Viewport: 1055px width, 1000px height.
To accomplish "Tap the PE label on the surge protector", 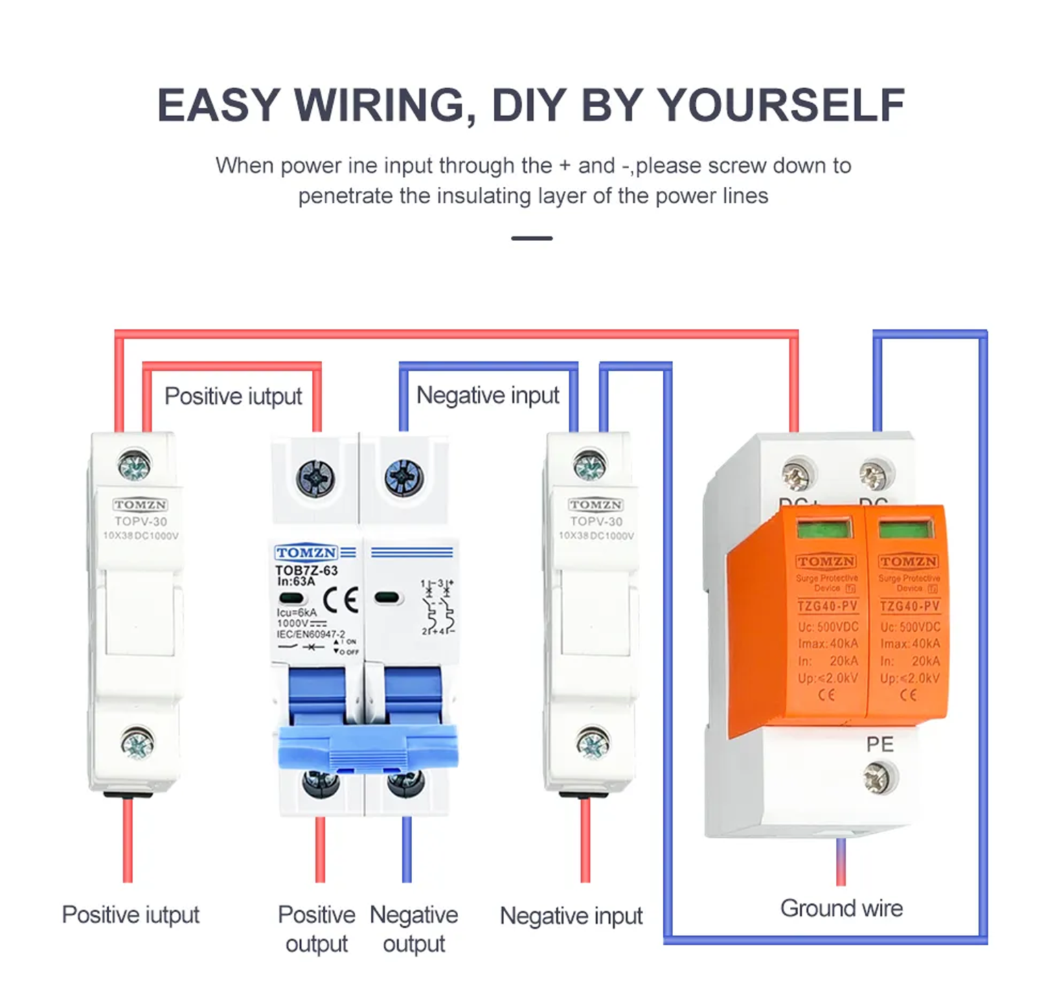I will point(879,745).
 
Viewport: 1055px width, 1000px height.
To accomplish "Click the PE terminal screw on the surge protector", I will point(879,779).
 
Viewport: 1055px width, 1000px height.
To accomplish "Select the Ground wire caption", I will point(841,908).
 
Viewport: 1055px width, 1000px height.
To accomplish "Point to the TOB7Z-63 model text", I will point(306,570).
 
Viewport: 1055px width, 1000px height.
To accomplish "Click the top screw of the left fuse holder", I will point(134,466).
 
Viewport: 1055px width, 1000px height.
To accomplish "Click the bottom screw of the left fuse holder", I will point(137,743).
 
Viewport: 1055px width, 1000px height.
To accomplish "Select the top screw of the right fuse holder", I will point(590,466).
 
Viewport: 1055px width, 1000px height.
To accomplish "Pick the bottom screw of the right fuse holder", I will point(592,743).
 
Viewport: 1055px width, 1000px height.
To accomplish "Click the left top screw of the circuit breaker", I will point(316,478).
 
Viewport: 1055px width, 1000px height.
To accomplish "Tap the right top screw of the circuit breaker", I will point(404,478).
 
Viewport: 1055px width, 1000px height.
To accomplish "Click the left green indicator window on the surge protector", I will point(824,529).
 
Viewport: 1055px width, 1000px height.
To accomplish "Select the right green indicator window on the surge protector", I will point(906,529).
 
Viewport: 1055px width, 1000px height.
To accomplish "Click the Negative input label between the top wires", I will point(488,396).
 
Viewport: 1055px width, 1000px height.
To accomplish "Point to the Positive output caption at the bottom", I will point(317,929).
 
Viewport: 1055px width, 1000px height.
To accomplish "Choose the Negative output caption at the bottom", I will point(413,929).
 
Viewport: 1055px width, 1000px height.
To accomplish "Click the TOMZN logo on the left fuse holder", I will point(140,505).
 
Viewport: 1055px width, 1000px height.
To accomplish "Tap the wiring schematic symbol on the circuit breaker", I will point(437,607).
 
